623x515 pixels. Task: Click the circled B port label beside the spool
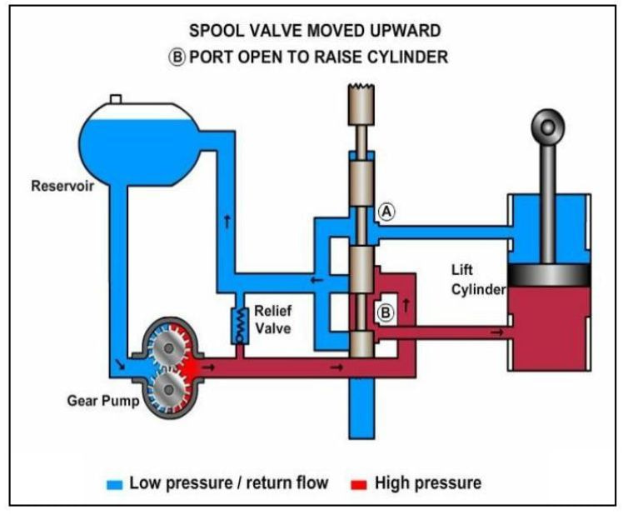tap(385, 313)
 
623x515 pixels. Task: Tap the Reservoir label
tap(62, 185)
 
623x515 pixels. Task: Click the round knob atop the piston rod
tap(547, 127)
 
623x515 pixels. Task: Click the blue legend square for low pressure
tap(116, 483)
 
